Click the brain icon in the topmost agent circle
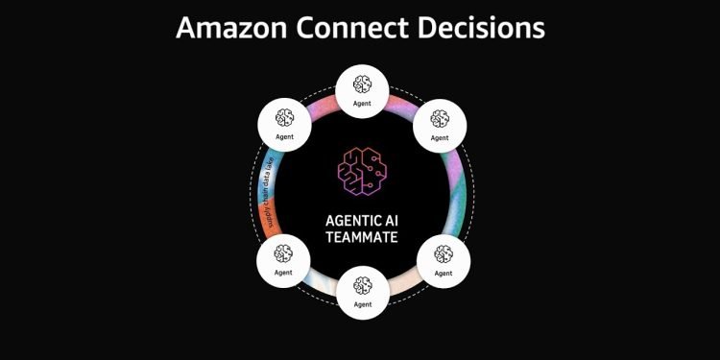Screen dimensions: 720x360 click(361, 83)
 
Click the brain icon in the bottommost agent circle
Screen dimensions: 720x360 click(361, 285)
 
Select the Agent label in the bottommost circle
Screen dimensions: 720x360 click(361, 303)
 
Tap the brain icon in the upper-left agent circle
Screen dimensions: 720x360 click(283, 118)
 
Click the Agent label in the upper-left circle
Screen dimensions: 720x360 click(283, 136)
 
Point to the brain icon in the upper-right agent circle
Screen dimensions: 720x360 click(440, 118)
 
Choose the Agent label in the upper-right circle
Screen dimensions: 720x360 click(440, 136)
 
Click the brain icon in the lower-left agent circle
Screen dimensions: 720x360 click(283, 253)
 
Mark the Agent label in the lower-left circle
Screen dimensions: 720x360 click(283, 272)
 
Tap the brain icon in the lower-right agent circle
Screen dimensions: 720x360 click(443, 253)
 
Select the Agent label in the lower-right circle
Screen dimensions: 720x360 click(443, 272)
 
